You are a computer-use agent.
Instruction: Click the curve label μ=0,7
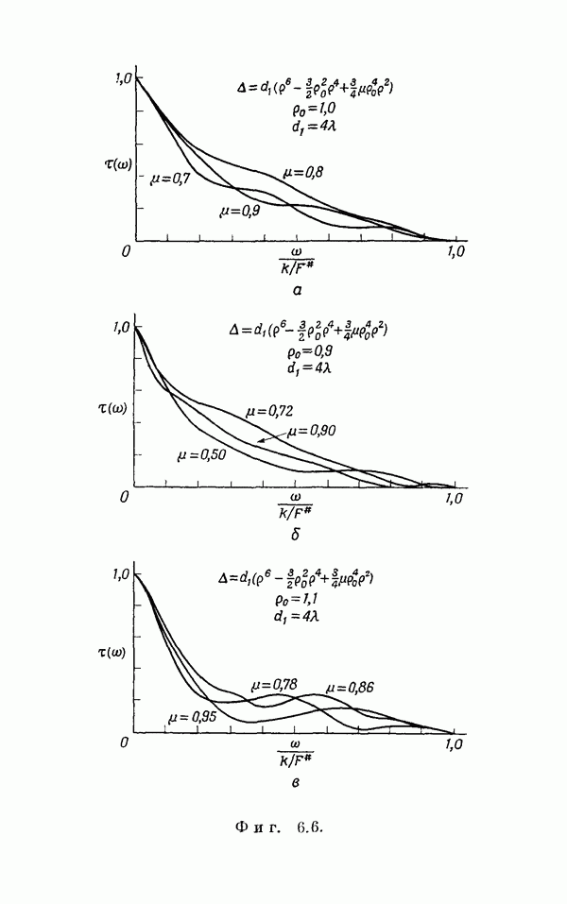pyautogui.click(x=169, y=178)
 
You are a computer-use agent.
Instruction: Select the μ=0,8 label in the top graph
pyautogui.click(x=303, y=172)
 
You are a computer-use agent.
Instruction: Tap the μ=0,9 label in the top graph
pyautogui.click(x=238, y=212)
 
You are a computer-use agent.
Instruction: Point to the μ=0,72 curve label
pyautogui.click(x=269, y=412)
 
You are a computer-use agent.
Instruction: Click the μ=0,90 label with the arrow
pyautogui.click(x=312, y=431)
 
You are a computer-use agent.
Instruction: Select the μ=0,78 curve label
pyautogui.click(x=274, y=684)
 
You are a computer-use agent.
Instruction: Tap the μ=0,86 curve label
pyautogui.click(x=350, y=687)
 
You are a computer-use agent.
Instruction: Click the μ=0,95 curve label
pyautogui.click(x=192, y=717)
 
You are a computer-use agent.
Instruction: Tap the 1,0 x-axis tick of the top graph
pyautogui.click(x=455, y=252)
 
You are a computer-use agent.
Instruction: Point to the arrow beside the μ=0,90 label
pyautogui.click(x=271, y=437)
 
